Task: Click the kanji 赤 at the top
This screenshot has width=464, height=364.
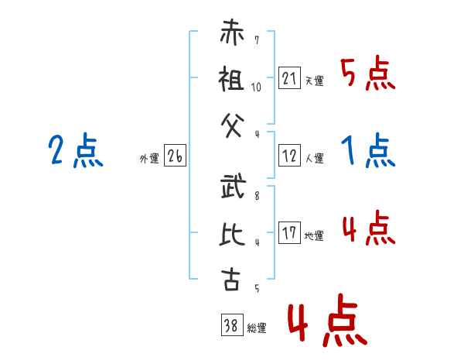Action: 232,32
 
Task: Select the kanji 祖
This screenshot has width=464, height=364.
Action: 231,78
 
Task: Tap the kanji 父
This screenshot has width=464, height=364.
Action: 233,125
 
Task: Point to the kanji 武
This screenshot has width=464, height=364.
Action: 234,186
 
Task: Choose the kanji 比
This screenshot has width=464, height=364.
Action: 232,233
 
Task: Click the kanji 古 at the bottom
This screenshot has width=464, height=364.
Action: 230,279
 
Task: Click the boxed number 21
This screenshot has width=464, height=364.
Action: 289,77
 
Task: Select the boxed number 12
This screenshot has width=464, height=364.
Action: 289,156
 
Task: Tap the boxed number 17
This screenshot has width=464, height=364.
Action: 289,232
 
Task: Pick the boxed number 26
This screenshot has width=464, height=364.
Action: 175,156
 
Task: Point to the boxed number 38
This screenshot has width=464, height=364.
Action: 232,325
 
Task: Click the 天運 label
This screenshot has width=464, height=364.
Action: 315,81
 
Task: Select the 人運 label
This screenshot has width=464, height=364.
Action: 315,158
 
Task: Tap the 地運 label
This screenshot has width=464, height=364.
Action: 314,235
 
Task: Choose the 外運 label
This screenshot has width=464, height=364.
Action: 149,159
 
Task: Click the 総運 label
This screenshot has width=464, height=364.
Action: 257,328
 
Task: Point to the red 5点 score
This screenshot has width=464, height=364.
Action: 367,73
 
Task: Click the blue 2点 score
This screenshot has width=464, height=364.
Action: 76,150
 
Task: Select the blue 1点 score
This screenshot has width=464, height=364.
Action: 368,150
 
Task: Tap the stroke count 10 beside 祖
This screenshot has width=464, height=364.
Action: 256,88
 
